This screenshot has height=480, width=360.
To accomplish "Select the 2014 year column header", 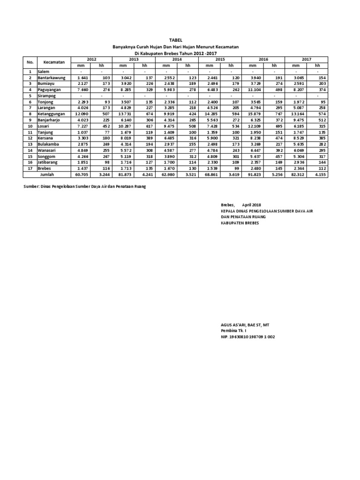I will [177, 60].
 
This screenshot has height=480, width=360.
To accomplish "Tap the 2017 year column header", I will [307, 60].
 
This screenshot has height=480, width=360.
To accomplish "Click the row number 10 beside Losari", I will [30, 126].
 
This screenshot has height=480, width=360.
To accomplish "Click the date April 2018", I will [252, 205].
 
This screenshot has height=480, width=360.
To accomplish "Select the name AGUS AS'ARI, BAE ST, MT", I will [245, 325].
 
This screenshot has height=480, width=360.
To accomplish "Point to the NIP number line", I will [248, 337].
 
